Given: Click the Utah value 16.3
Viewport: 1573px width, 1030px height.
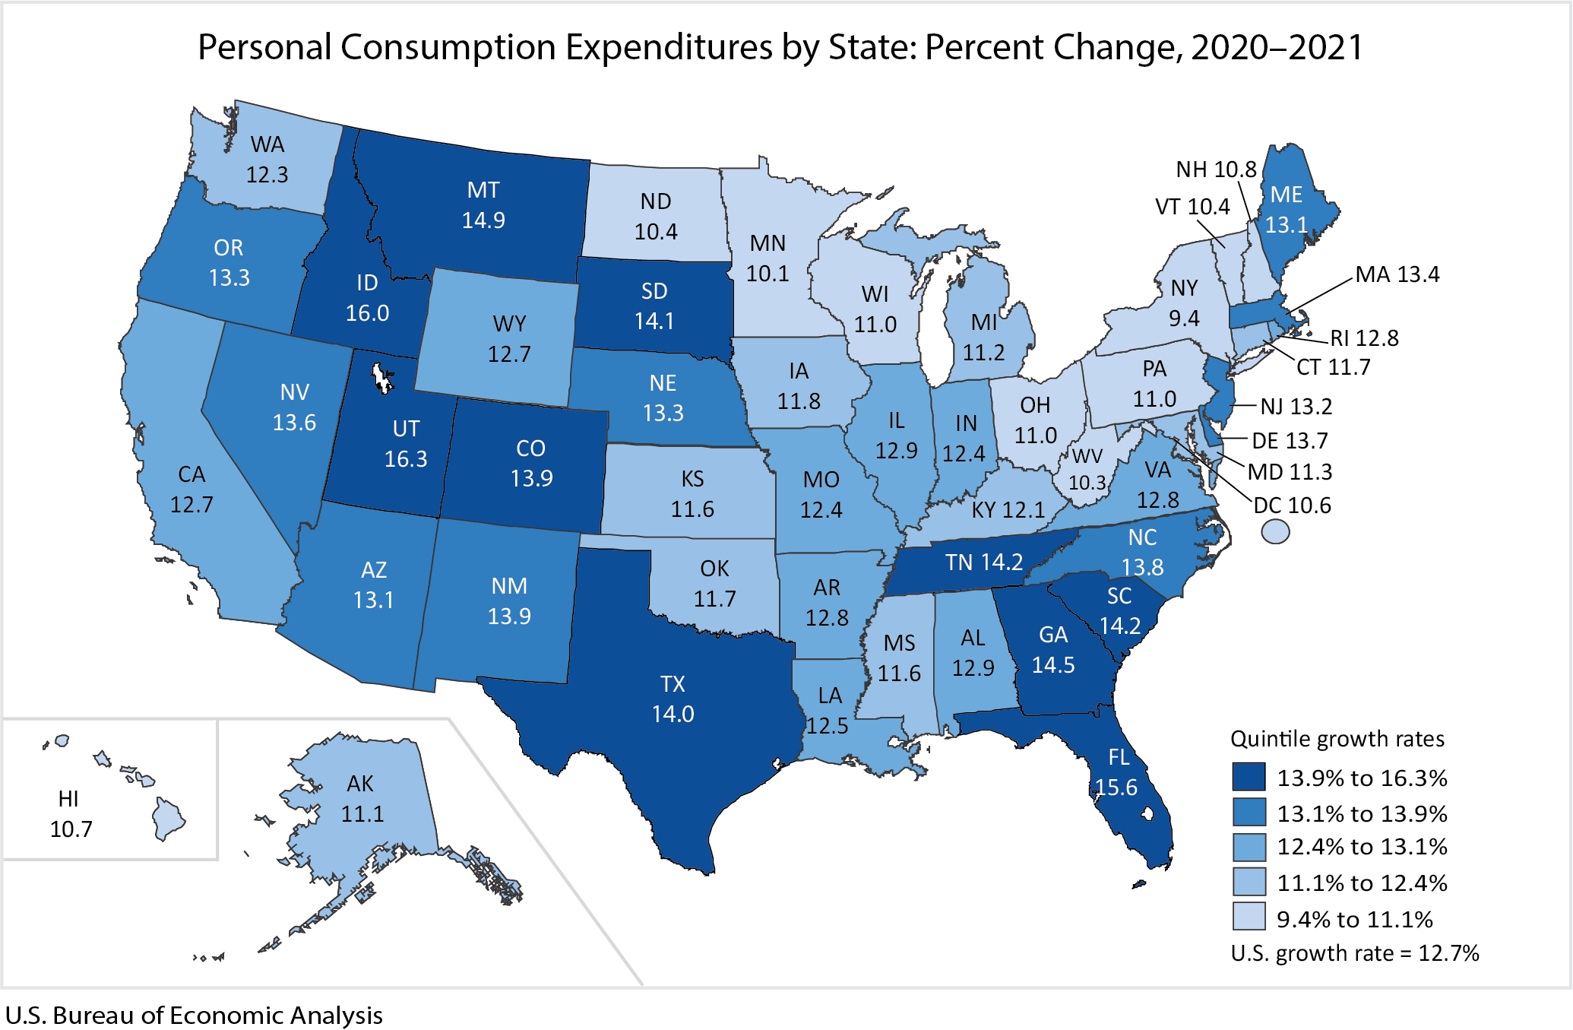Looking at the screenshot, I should click(406, 459).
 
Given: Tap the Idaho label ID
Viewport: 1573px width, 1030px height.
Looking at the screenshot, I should click(367, 283).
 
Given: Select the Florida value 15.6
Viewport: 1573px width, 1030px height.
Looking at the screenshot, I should click(1116, 788).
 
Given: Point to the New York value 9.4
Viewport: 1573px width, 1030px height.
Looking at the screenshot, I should click(1184, 318).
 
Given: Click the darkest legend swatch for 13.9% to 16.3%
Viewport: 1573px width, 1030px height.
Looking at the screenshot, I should click(1249, 778).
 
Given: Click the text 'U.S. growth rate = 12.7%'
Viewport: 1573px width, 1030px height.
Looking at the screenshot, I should click(1355, 953).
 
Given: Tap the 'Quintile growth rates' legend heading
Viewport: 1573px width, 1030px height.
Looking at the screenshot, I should click(1337, 739).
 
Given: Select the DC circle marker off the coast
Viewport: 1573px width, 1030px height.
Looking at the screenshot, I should click(1275, 531).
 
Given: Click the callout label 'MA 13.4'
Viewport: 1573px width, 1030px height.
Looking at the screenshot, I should click(1397, 274).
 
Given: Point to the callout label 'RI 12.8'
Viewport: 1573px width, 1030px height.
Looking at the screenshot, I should click(1364, 338).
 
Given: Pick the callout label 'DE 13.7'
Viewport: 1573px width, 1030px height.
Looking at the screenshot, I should click(1290, 440).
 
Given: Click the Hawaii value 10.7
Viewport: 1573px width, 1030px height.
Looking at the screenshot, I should click(71, 829).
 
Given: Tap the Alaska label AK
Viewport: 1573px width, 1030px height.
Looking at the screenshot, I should click(360, 784).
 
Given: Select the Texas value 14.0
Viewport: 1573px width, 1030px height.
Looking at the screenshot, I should click(673, 714).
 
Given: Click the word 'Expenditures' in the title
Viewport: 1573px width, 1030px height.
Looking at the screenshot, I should click(668, 47).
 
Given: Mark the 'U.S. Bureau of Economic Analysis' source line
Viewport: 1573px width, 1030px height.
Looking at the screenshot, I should click(194, 1016).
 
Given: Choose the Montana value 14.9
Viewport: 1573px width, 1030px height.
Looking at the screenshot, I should click(483, 220).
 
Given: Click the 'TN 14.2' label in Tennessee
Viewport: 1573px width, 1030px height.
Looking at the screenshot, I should click(984, 563).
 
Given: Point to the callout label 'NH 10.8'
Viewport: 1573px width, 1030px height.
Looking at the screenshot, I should click(1216, 170).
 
